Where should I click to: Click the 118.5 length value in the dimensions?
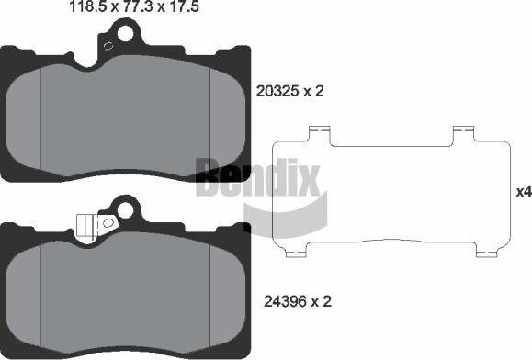pyautogui.click(x=89, y=7)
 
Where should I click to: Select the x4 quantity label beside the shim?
pyautogui.click(x=523, y=192)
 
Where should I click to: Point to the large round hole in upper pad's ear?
pyautogui.click(x=121, y=33)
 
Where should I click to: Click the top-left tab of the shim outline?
pyautogui.click(x=319, y=135)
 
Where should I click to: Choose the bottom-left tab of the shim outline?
pyautogui.click(x=296, y=251)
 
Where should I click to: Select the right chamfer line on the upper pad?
pyautogui.click(x=211, y=119)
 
